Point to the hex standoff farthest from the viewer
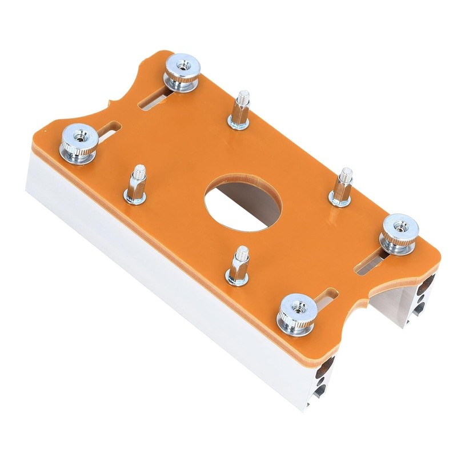pyautogui.click(x=240, y=111)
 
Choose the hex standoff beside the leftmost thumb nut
pyautogui.click(x=136, y=186)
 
